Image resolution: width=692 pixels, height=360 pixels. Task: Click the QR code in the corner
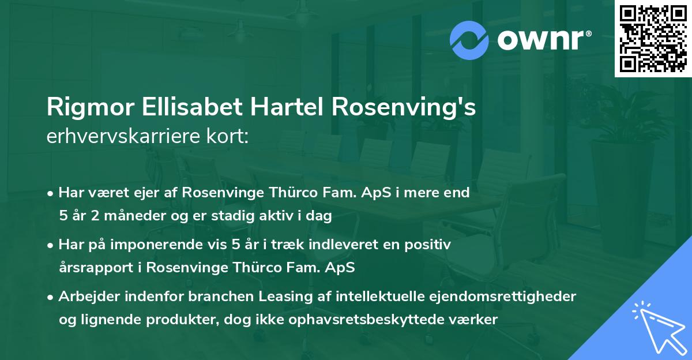click(x=653, y=38)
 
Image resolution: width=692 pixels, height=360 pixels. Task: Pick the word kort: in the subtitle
click(x=227, y=137)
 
